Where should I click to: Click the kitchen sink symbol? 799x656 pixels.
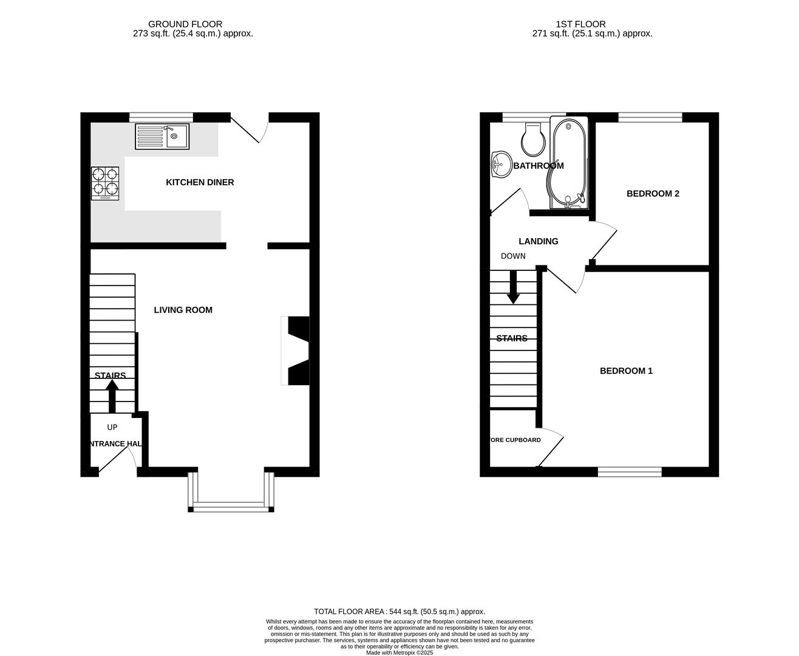pos(162,136)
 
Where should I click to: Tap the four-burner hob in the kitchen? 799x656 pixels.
pos(105,183)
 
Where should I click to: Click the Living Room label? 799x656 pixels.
pos(183,310)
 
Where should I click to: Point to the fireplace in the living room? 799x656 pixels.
pos(295,350)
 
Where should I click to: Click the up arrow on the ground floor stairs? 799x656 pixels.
pos(112,395)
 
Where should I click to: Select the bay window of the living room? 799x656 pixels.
pos(231,505)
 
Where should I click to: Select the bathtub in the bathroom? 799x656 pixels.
pos(568,162)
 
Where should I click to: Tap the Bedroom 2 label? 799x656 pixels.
pos(653,194)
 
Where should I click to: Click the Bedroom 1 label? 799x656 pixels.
pos(626,371)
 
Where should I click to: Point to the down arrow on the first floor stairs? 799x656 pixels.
pos(514,286)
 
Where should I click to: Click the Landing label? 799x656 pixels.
pos(538,241)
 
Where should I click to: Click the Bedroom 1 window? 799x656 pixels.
pos(630,471)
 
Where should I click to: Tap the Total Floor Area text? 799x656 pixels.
pos(399,612)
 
